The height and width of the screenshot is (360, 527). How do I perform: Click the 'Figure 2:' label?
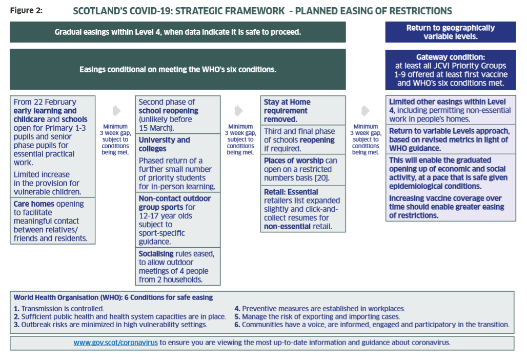tap(26, 10)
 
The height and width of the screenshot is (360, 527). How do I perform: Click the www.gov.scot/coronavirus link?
tap(116, 343)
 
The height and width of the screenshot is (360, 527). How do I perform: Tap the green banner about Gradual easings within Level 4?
tap(177, 32)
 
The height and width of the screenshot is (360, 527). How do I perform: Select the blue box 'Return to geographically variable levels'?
tap(451, 32)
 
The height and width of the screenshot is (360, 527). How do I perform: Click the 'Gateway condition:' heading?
tap(451, 57)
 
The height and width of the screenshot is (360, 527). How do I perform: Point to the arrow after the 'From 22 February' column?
tap(116, 111)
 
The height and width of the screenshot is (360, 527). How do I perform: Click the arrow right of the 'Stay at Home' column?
tap(366, 111)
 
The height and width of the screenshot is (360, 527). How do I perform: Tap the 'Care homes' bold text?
tap(34, 204)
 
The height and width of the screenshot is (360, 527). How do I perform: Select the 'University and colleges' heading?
tap(165, 144)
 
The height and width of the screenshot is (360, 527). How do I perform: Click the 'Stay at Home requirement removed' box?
tap(303, 111)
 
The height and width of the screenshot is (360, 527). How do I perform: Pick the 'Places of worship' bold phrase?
tap(294, 161)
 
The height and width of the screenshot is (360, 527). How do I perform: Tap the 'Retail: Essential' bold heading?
tap(291, 192)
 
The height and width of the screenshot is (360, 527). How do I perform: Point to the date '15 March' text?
tap(155, 128)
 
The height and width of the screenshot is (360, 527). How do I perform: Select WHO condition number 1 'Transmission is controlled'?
tap(59, 309)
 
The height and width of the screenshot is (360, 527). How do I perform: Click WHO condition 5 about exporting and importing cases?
tap(317, 316)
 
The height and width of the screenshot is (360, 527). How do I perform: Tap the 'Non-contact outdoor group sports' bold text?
tap(175, 203)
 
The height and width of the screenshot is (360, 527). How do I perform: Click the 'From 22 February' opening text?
tap(45, 102)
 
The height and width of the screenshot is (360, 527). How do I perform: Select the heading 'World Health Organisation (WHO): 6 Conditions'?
tap(113, 297)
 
